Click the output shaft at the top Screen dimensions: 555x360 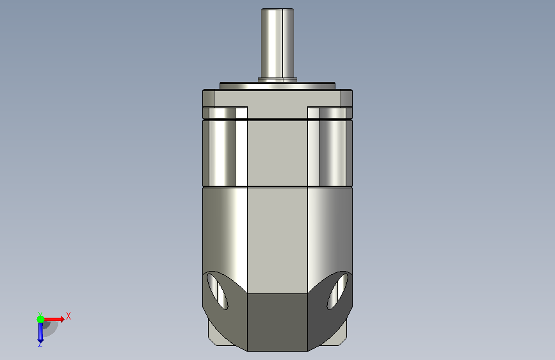coord(278,43)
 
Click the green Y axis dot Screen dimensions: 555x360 coord(41,319)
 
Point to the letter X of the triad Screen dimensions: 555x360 coord(68,316)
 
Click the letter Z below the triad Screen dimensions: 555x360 coord(40,344)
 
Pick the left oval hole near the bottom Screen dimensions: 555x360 coord(217,291)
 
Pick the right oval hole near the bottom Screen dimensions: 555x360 coord(337,291)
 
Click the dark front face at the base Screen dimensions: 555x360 coord(277,322)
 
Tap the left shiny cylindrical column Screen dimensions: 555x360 coord(222,147)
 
